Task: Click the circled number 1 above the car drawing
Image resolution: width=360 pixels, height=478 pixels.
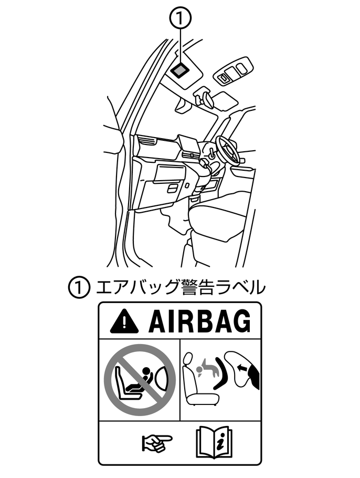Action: click(181, 18)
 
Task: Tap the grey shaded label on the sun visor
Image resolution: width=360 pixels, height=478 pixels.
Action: click(179, 70)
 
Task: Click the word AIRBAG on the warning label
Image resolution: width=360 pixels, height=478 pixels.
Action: click(200, 321)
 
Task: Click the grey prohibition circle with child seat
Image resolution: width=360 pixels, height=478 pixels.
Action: click(140, 380)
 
